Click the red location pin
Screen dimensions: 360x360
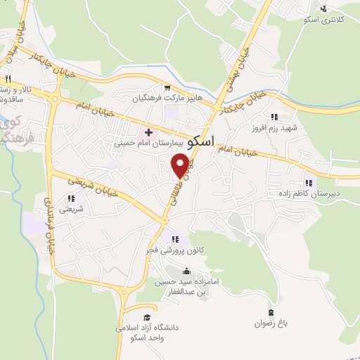coord(181,165)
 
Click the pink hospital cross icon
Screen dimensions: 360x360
coord(148,131)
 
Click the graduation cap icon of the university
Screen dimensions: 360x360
coord(147,317)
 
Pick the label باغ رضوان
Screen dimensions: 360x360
coord(271,324)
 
